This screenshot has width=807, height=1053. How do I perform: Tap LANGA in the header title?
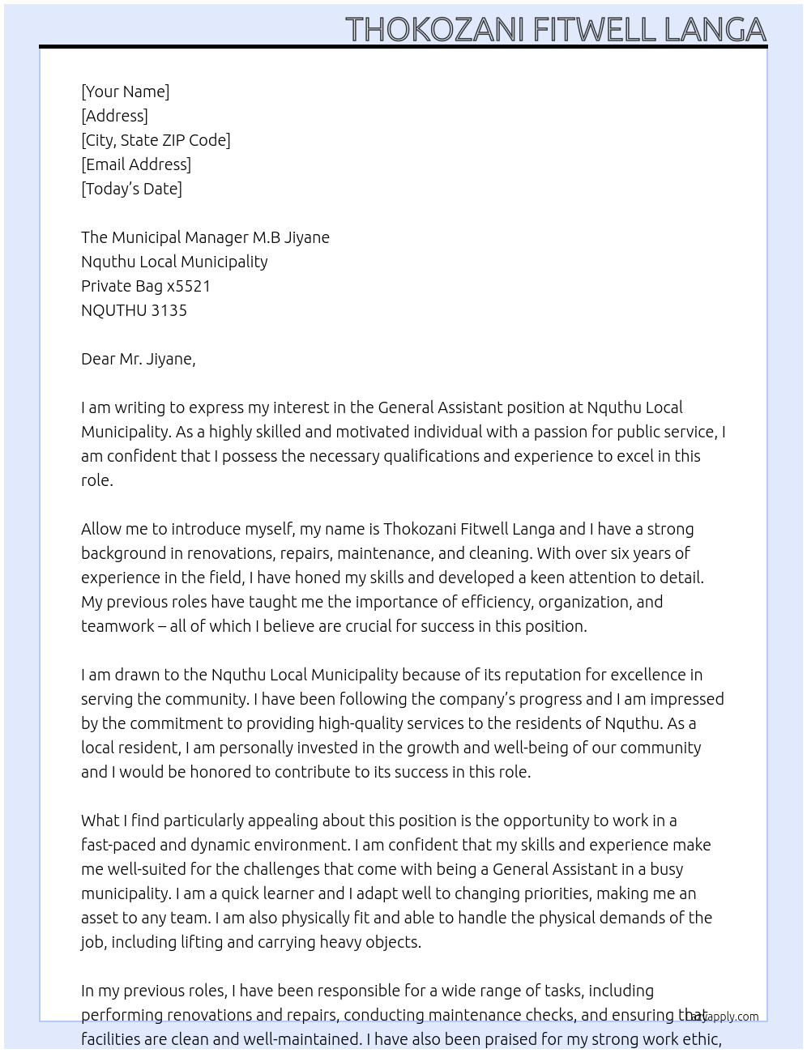715,29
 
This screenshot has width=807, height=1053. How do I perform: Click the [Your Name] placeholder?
125,92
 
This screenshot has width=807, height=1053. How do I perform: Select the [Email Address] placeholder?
136,164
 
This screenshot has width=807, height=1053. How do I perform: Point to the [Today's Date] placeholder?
131,189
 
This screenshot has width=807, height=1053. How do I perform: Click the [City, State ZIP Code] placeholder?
156,140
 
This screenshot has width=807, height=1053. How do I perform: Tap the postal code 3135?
169,310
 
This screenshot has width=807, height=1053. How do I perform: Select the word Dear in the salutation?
98,359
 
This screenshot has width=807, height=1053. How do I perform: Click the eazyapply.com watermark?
724,1017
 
